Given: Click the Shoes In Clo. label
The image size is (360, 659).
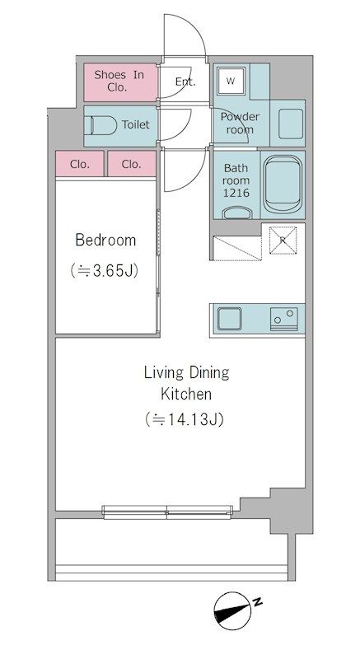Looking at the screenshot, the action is point(119,81).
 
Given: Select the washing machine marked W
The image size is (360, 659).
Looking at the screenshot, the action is point(231,81).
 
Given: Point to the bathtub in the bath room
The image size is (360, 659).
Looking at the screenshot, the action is point(283,185).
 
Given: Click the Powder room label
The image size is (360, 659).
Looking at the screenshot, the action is point(240,123).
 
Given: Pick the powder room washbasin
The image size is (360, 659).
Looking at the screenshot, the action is point(290,124).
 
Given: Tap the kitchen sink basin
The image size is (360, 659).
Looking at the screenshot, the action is point(229,319).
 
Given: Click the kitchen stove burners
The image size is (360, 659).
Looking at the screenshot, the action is point(284,319).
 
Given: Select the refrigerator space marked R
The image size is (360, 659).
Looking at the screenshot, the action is point(283,240).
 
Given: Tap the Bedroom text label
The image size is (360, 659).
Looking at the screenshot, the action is point(105,241).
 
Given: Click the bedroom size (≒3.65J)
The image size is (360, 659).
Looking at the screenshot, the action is point(104,270).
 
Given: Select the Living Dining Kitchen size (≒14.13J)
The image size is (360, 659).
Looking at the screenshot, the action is point(184,419).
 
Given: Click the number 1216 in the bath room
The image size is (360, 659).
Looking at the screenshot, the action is point(236,193).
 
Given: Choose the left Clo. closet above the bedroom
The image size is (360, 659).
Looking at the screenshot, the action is point(80,164).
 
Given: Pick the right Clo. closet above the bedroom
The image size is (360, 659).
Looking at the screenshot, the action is point(132,164).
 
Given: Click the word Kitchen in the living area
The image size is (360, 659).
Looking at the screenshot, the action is point(186,395).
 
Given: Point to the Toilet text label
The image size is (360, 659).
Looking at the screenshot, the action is point(136,124).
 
